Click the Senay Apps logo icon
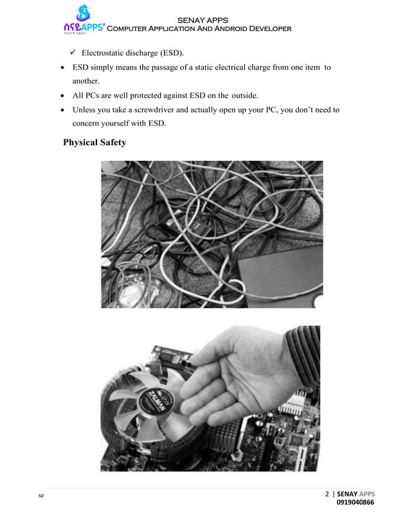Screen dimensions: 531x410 (x=83, y=14)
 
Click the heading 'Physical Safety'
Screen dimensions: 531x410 (x=94, y=142)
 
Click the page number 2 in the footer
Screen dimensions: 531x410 (x=326, y=494)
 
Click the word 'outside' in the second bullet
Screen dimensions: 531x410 (x=244, y=96)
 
